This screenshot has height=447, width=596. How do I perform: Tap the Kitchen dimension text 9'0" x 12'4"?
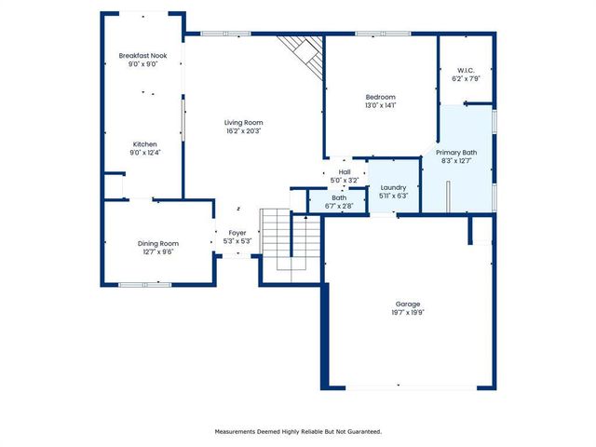144,153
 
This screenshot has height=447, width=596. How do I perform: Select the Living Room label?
243,122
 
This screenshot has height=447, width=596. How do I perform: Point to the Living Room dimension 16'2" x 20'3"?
243,131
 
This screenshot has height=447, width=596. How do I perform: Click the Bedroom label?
380,97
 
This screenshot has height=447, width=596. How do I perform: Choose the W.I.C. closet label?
467,70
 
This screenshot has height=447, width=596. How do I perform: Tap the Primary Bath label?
456,152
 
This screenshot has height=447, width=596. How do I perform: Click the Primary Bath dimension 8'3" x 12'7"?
456,160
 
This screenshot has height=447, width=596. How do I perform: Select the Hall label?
345,171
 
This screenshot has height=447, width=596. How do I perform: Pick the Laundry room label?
394,187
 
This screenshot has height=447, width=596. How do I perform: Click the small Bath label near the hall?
339,196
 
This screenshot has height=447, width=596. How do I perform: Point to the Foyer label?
238,233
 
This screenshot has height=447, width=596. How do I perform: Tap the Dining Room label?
157,242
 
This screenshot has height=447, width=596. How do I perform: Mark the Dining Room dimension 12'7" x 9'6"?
157,251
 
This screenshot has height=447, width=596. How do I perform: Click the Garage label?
408,304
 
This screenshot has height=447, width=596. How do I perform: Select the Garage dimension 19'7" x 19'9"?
408,313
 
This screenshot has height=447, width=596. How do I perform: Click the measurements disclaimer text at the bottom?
298,431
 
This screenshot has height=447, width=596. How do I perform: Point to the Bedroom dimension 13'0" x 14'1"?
380,106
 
